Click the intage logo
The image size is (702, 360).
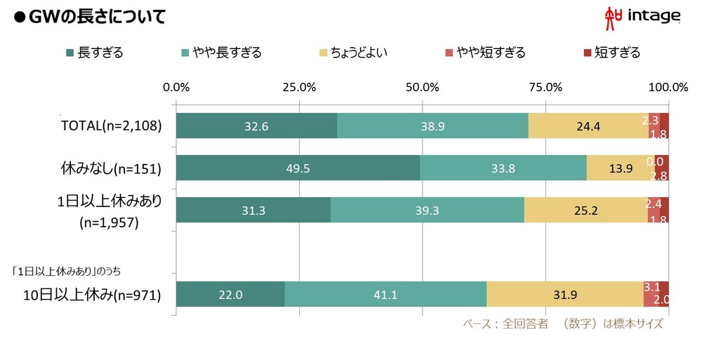click(x=642, y=18)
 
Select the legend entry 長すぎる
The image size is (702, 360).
click(x=94, y=53)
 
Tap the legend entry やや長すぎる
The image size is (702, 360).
click(x=220, y=53)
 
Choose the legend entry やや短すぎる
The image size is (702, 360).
click(x=485, y=53)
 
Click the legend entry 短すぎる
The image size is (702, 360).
click(x=611, y=53)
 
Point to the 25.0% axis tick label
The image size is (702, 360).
click(x=298, y=88)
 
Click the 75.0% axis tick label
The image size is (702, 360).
click(x=545, y=88)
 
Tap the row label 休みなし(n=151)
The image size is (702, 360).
click(x=112, y=168)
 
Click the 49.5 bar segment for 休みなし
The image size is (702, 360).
click(x=298, y=168)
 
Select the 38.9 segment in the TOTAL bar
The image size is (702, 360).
click(x=432, y=126)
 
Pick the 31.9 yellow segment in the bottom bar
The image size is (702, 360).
click(x=564, y=295)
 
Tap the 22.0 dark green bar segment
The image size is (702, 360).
click(x=230, y=295)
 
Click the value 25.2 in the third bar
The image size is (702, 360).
click(x=585, y=210)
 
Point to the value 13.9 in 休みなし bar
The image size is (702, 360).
click(x=620, y=168)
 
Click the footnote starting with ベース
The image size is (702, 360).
click(x=562, y=324)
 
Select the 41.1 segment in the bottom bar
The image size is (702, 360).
click(x=385, y=295)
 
